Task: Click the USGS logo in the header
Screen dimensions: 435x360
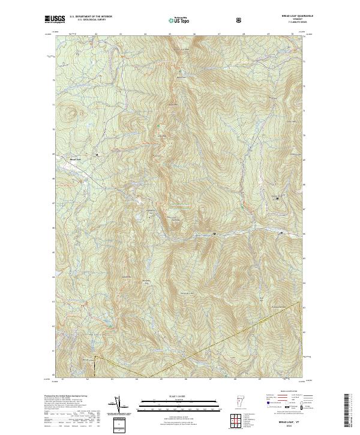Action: point(53,19)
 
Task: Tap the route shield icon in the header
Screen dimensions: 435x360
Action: point(240,20)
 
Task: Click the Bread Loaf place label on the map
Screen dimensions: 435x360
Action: point(75,159)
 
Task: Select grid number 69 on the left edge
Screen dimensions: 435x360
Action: point(53,154)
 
